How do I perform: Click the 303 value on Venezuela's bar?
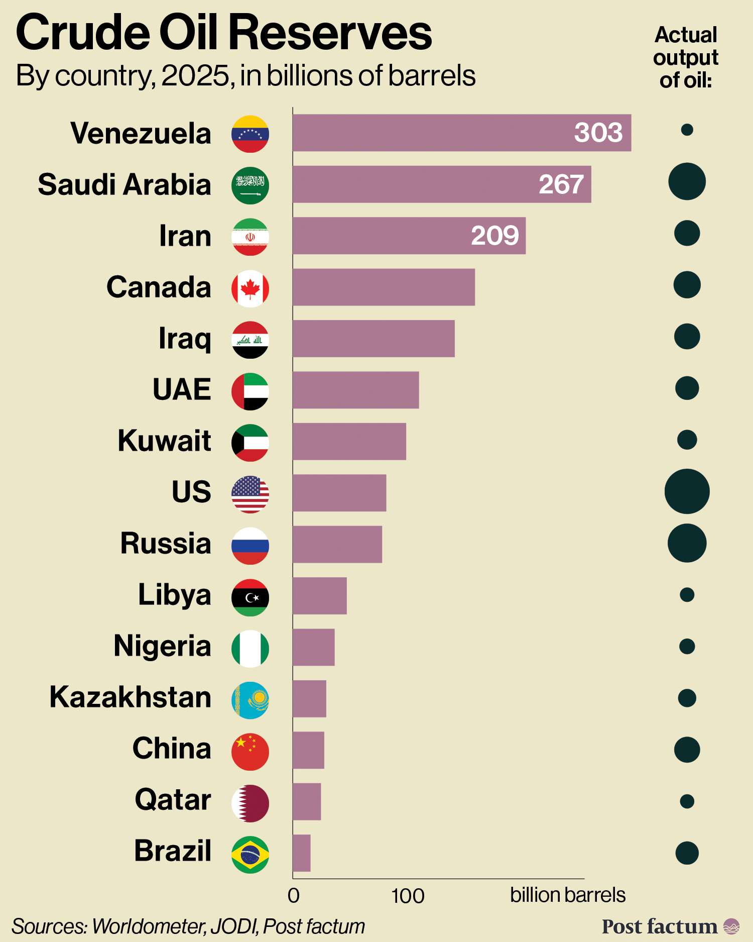point(598,133)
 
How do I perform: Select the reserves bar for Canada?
point(384,287)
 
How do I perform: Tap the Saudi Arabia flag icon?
point(250,185)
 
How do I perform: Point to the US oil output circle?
point(687,491)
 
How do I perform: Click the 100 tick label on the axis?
point(408,896)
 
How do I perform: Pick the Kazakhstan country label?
point(130,697)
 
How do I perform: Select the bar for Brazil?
point(301,853)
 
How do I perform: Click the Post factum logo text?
point(659,926)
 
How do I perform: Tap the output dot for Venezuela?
point(687,130)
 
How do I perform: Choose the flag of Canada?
point(250,288)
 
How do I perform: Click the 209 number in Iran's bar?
point(494,236)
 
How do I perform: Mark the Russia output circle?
point(687,543)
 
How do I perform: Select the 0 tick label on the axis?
point(294,896)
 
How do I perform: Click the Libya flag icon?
point(250,597)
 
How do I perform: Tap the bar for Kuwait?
point(349,442)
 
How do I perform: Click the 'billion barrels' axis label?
point(567,895)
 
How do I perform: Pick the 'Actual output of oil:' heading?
point(686,57)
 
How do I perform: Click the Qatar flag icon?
point(250,803)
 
